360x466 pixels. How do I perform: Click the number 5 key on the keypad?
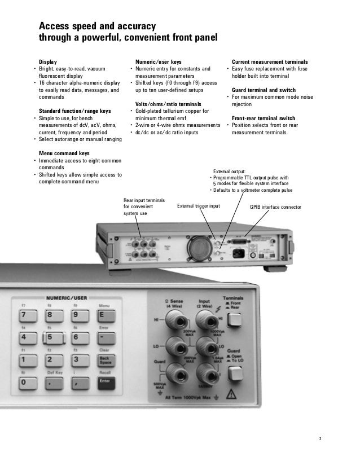point(50,338)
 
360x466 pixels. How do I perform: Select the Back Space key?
point(105,360)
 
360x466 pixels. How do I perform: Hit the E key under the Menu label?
point(105,315)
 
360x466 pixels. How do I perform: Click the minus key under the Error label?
point(105,337)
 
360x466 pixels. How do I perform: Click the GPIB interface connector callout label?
point(275,207)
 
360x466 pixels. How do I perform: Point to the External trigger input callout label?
point(199,206)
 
